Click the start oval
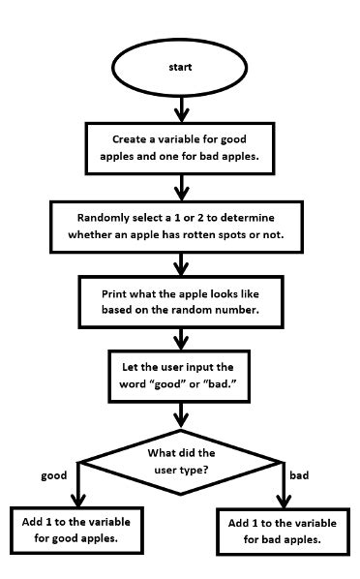click(180, 69)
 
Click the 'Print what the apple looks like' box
click(181, 300)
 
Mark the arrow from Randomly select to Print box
click(181, 261)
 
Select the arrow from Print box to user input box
click(181, 338)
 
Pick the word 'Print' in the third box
click(118, 292)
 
